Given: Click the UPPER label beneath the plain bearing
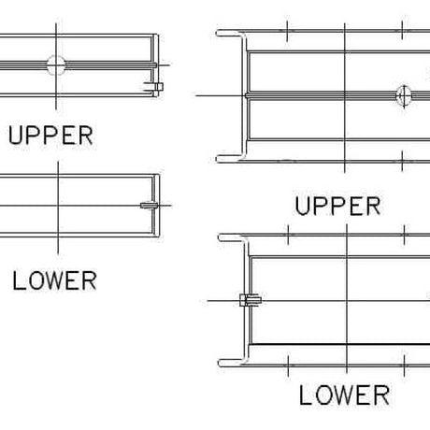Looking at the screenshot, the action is click(50, 136).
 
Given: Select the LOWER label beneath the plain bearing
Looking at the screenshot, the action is click(54, 280).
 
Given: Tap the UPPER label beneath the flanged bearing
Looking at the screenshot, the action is click(338, 206).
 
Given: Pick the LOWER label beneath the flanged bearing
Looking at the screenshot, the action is click(344, 395).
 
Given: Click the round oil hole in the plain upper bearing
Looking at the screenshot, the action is click(56, 65).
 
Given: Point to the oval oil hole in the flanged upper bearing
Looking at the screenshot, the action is click(404, 95).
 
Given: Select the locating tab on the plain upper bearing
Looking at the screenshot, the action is click(153, 87).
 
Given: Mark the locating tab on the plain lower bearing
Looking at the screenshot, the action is click(150, 206).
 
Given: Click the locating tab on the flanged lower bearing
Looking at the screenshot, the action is click(251, 300).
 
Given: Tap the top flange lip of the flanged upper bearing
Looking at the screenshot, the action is click(229, 33).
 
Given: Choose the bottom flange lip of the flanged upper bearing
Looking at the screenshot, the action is click(229, 159).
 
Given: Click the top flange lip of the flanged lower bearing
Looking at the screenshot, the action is click(232, 237).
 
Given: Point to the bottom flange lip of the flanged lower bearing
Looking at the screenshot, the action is click(232, 363).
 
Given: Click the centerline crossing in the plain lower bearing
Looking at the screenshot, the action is click(58, 206).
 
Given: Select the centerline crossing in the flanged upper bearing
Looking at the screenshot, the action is click(345, 95).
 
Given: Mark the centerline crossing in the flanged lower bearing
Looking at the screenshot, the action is click(347, 301).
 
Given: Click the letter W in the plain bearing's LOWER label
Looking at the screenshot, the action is click(54, 280).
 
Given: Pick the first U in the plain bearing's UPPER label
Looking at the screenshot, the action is click(15, 136).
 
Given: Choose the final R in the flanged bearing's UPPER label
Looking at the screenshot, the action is click(374, 206).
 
